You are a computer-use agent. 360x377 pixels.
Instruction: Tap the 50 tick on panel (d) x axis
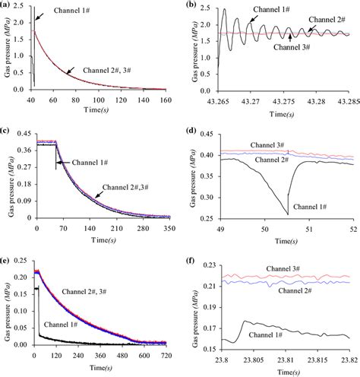(x=264, y=227)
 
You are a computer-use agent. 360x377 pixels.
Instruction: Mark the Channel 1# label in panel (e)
(x=68, y=325)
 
